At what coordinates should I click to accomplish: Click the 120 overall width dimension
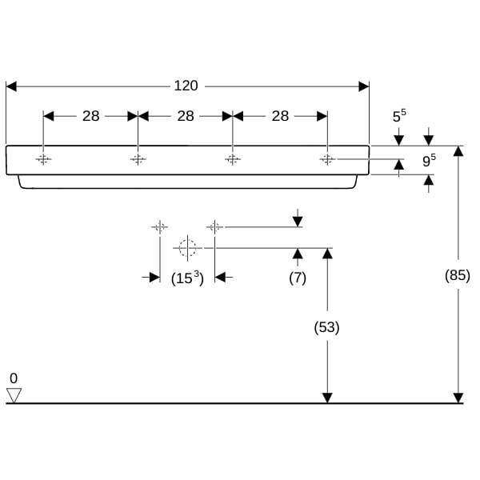186,86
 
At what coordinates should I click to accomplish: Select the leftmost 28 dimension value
91,116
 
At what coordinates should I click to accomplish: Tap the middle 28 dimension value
186,116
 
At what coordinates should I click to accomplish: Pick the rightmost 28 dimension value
280,116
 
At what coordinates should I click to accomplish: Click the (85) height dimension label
458,275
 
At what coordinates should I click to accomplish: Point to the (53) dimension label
326,326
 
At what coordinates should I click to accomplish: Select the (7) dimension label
298,278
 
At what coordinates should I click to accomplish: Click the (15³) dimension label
188,278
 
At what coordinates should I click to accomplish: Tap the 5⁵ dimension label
398,116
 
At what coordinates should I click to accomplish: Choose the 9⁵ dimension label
429,160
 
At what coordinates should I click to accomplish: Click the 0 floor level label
13,378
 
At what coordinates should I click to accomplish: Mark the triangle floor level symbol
14,394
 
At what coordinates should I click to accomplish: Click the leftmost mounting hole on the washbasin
43,159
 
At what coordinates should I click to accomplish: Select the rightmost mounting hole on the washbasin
327,159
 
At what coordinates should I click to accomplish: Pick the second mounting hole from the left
138,159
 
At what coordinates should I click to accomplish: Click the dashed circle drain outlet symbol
187,248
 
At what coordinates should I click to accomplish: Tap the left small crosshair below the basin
159,227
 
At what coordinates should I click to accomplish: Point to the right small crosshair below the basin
214,227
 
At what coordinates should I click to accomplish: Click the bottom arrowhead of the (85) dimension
458,398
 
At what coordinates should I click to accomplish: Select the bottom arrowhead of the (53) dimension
326,398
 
